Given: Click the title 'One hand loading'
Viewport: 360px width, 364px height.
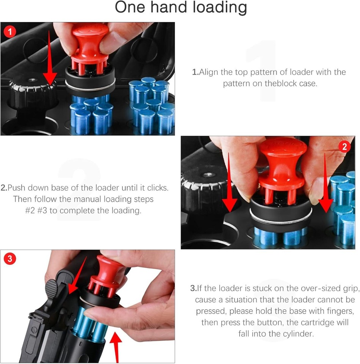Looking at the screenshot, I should (181, 8).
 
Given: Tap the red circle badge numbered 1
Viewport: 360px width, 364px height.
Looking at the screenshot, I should (9, 31).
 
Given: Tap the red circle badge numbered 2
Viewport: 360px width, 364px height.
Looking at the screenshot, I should (344, 146).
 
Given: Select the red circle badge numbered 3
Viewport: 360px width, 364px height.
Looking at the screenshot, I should (9, 259).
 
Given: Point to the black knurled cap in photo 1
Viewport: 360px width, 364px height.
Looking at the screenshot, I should (32, 91).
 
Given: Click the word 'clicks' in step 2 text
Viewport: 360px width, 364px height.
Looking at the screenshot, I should (157, 188).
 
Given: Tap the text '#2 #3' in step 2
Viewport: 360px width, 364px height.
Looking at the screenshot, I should (36, 210).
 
